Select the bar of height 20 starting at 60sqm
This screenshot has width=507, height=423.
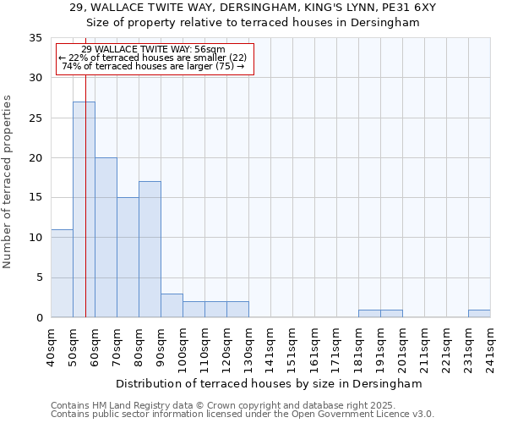click(106, 237)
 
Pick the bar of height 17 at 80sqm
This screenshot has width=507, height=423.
click(150, 249)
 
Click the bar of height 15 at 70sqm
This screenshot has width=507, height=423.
click(128, 257)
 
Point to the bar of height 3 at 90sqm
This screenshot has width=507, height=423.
click(172, 305)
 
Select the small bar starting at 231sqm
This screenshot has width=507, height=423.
click(479, 313)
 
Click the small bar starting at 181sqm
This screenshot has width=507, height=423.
click(369, 313)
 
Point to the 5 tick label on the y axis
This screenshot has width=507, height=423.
click(38, 277)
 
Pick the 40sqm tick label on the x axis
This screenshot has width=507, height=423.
click(51, 347)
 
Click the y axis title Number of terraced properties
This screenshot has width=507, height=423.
click(8, 181)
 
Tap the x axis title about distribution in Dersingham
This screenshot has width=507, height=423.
click(269, 383)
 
